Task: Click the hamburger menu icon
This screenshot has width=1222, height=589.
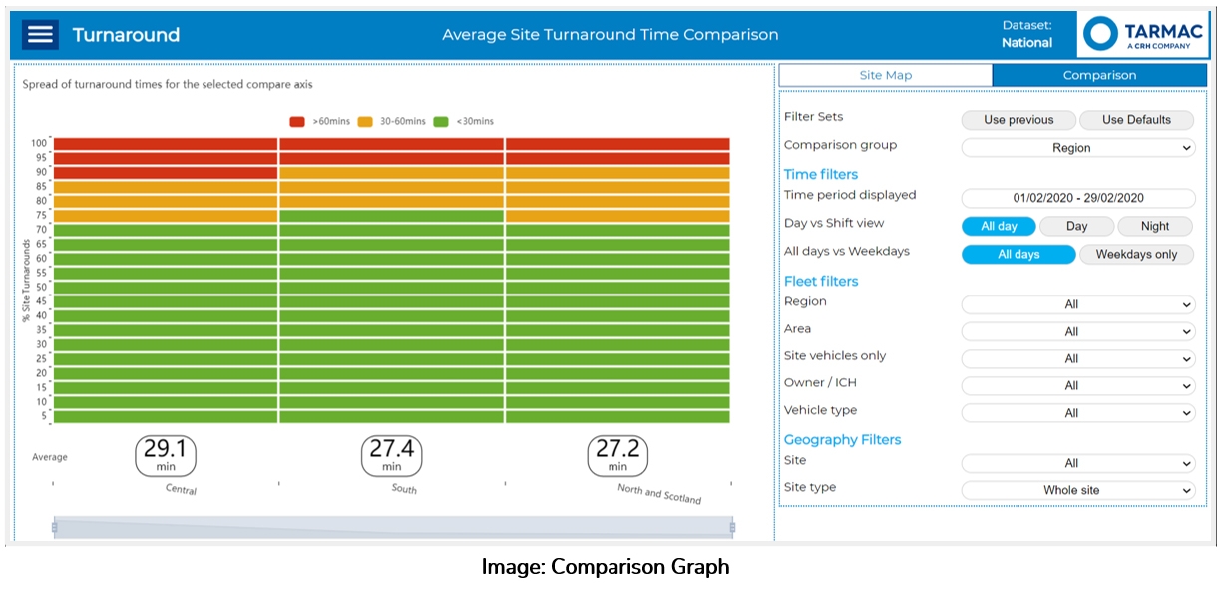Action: [41, 35]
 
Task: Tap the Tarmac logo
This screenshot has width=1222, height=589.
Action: [1142, 35]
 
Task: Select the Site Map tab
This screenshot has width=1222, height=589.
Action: [885, 75]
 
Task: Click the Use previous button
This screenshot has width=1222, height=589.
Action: [1018, 120]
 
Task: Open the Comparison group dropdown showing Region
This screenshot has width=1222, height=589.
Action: [1077, 148]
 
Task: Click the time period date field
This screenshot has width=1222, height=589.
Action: [1077, 198]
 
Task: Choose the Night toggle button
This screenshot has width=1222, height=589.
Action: [1155, 226]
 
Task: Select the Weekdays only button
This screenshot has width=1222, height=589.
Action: [1136, 254]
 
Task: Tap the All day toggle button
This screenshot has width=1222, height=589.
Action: [999, 226]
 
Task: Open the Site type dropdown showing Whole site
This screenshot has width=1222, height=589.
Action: [1077, 490]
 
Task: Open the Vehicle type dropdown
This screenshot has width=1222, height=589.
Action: [1077, 412]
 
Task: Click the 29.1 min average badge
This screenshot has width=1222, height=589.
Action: [166, 455]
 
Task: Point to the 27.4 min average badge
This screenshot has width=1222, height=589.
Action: [391, 455]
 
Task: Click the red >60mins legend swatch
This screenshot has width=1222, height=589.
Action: [297, 122]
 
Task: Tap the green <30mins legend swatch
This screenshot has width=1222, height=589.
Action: [441, 122]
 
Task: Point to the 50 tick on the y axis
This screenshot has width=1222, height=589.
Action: [41, 287]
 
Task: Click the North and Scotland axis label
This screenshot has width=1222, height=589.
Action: [659, 493]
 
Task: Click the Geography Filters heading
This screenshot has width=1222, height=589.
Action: [842, 440]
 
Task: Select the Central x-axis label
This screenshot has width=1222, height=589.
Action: [182, 489]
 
